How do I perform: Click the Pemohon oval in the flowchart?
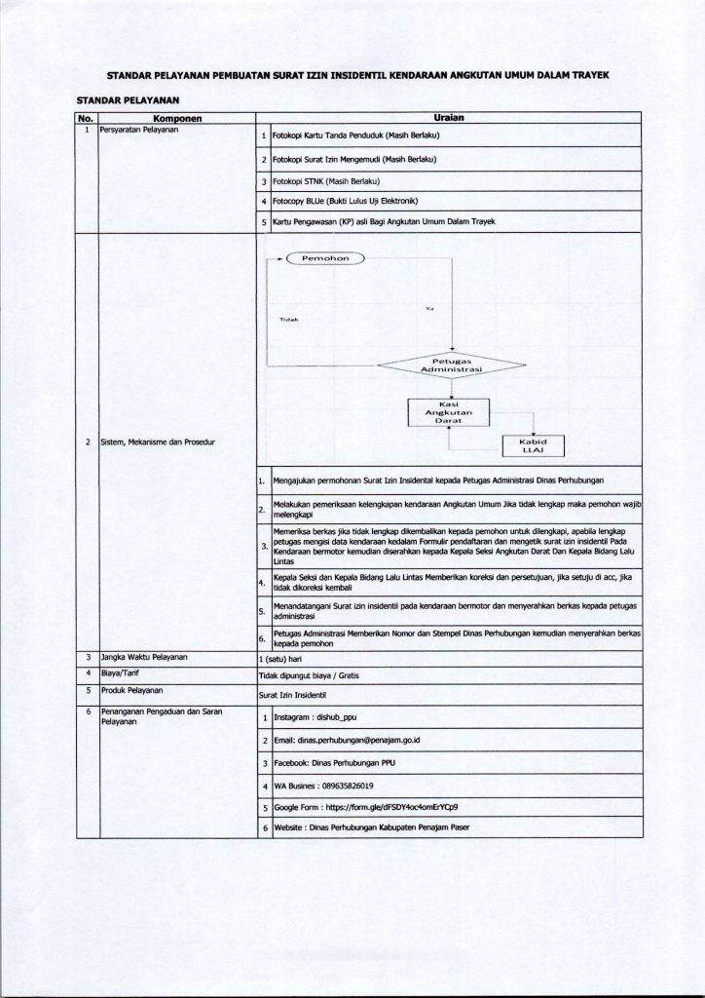click(x=325, y=259)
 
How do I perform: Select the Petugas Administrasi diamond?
click(x=451, y=365)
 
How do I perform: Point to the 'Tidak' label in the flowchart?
click(x=289, y=321)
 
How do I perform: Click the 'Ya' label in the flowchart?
click(x=429, y=309)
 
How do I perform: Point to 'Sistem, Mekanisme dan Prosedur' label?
click(x=157, y=442)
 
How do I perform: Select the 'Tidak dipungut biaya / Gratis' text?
click(x=308, y=675)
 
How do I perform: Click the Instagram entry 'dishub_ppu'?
click(x=315, y=717)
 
